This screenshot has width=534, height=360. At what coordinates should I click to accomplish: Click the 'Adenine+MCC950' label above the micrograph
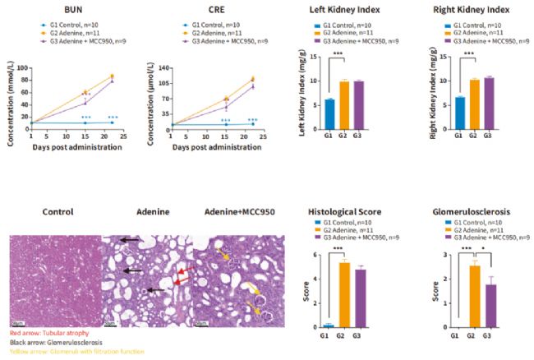[238, 211]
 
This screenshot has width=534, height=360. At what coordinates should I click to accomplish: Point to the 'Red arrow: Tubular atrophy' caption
[41, 335]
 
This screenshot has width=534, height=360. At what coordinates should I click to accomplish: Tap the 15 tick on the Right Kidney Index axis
[437, 58]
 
